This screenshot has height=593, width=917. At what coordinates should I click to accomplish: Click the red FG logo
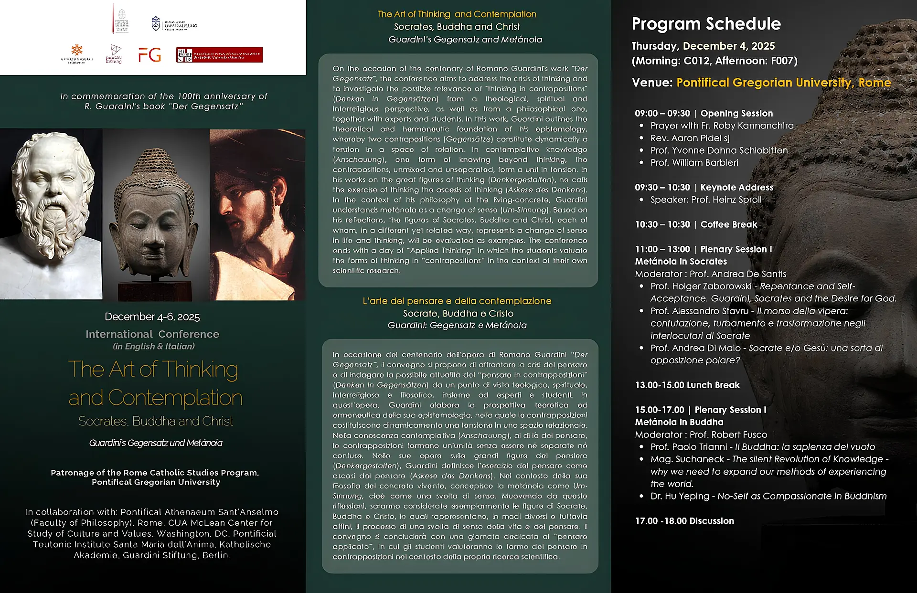tap(149, 55)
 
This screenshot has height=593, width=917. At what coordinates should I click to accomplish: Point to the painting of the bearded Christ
tap(256, 215)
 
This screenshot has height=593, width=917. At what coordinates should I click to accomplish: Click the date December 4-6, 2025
tap(152, 317)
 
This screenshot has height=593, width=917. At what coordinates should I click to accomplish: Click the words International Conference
tap(152, 334)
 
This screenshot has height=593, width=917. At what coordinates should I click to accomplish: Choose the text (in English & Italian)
tap(154, 346)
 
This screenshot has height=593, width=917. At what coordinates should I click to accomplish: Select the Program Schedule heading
tap(706, 24)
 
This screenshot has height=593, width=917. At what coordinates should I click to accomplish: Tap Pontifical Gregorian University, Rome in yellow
tap(783, 83)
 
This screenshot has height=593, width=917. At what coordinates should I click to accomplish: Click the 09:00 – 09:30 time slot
tap(662, 114)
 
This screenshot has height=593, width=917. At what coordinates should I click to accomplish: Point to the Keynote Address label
tap(736, 188)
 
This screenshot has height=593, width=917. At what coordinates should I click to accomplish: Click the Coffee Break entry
tap(728, 224)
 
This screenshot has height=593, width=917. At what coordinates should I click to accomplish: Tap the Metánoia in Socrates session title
tap(681, 262)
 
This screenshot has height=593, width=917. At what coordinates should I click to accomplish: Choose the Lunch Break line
tap(687, 385)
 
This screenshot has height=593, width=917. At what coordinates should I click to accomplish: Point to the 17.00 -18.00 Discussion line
tap(684, 521)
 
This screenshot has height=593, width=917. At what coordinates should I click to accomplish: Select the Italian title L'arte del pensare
tap(457, 301)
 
